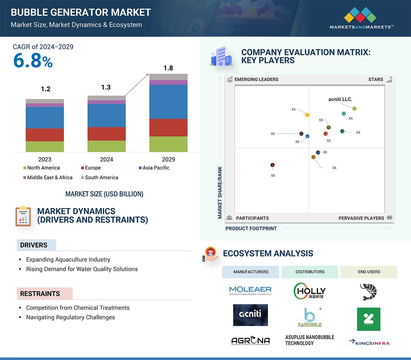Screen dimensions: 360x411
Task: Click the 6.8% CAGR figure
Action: tap(33, 61)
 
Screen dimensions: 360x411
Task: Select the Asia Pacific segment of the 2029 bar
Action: tap(168, 102)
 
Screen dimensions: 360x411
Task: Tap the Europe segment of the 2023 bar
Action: tap(45, 135)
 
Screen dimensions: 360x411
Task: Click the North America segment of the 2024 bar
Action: tap(106, 146)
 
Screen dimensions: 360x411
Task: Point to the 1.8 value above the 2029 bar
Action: tap(168, 68)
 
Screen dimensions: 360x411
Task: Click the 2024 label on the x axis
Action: tap(106, 159)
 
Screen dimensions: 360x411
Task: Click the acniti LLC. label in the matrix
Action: tap(340, 99)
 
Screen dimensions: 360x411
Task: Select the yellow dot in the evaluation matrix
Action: tap(307, 115)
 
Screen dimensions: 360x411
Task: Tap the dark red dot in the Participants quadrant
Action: tap(273, 165)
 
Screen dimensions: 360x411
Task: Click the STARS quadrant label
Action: tap(376, 79)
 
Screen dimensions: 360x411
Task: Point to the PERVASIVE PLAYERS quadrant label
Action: tap(361, 218)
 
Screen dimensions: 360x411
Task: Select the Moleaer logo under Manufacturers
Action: tap(250, 290)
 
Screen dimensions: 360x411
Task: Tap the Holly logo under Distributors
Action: tap(309, 291)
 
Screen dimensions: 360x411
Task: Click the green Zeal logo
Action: tap(368, 319)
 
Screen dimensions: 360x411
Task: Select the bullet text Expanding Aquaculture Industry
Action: tap(68, 260)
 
